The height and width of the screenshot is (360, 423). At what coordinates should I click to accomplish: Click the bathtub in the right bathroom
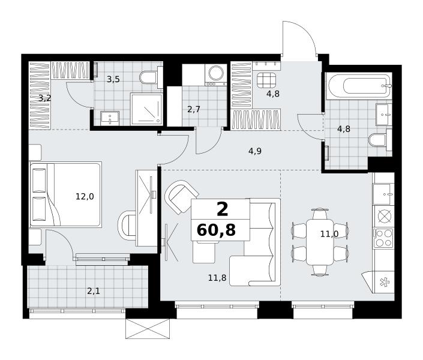coord(359,86)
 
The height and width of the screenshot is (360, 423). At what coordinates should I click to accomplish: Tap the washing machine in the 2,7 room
coord(216,75)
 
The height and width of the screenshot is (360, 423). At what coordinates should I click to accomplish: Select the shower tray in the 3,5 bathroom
coord(146,109)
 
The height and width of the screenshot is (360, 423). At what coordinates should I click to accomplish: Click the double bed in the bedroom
coord(65,194)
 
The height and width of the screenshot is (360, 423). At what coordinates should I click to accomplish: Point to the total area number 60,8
coord(217,230)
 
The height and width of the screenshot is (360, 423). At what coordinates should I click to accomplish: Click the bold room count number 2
coord(222,209)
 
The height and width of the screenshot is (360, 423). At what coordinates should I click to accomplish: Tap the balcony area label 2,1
coord(94,291)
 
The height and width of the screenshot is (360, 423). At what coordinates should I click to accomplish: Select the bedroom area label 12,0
coord(85,196)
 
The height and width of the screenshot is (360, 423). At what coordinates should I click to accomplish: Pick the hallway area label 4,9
coord(255,151)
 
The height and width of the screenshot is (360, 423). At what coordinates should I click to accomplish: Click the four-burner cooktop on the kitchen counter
coord(383,238)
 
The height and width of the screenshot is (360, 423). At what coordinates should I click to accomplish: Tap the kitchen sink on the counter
coord(382,194)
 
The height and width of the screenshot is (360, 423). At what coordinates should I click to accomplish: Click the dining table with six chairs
coord(320,242)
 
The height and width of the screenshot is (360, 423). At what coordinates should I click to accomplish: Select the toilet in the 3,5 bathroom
coord(148,77)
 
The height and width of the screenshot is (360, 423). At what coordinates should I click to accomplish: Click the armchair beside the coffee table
coord(181,196)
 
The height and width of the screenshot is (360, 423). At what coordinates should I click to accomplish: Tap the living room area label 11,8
coord(217,277)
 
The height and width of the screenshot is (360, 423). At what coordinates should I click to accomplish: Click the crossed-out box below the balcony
coord(148,328)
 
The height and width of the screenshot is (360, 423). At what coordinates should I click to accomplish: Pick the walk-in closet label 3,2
coord(44,98)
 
